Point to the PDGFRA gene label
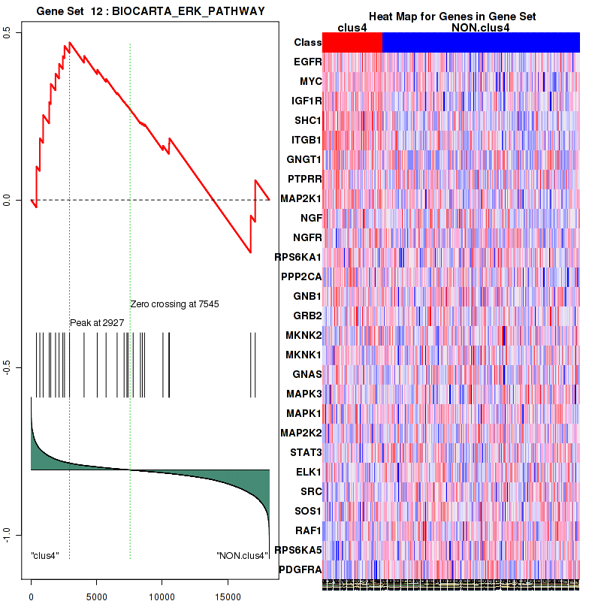(x=300, y=569)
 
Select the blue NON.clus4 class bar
(x=481, y=43)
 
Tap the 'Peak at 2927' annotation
(x=97, y=322)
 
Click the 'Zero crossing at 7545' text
(x=174, y=304)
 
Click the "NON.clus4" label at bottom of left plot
(x=242, y=556)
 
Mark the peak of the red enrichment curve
(x=69, y=43)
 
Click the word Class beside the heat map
(x=308, y=43)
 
